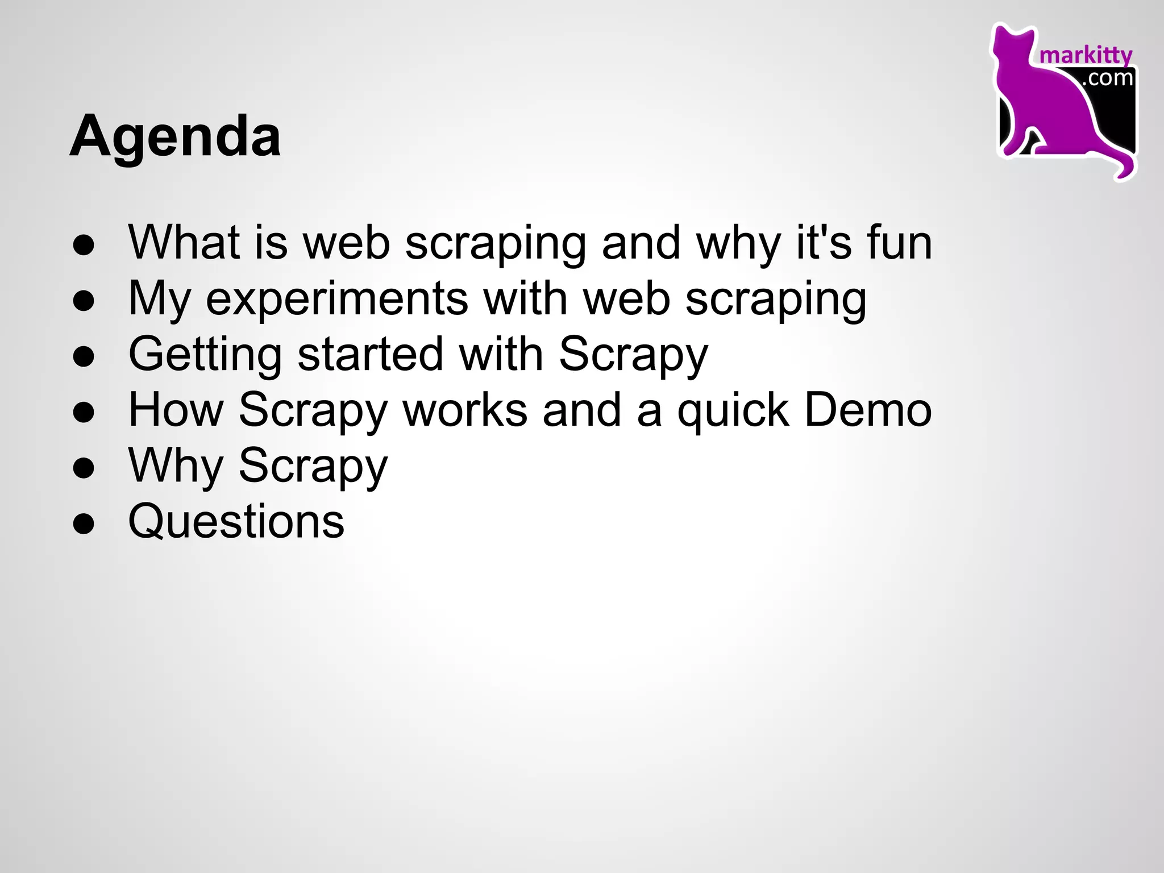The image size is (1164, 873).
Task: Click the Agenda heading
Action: [175, 136]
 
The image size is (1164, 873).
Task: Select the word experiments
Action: [336, 299]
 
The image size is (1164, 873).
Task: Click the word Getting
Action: [205, 355]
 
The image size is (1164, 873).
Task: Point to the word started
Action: [370, 355]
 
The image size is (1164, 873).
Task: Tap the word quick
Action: [733, 410]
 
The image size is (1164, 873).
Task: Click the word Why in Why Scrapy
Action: [176, 466]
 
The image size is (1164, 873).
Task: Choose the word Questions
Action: [236, 521]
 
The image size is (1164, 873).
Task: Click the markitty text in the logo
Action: [1085, 56]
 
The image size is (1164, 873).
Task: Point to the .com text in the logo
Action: [1108, 78]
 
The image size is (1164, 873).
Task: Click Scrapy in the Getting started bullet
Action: [633, 355]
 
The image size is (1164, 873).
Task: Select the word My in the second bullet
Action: [159, 299]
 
